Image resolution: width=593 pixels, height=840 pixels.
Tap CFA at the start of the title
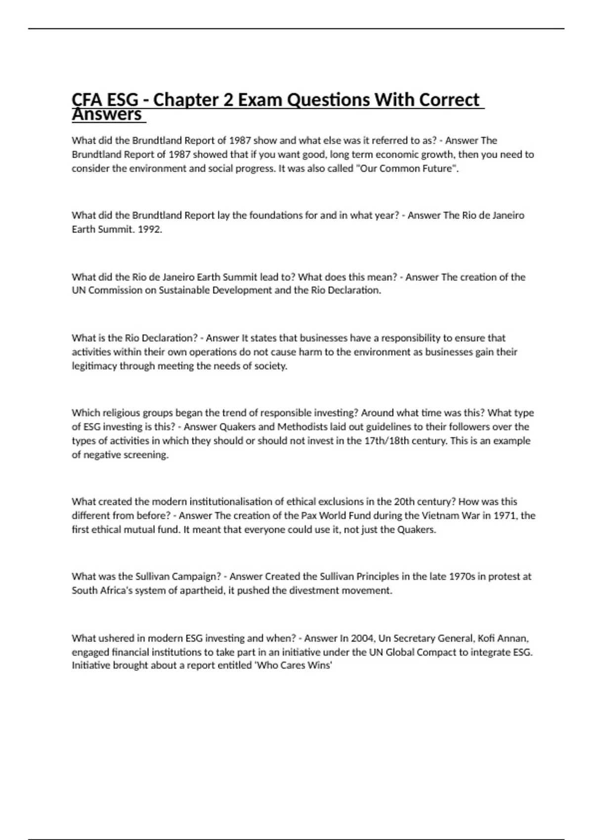(x=87, y=100)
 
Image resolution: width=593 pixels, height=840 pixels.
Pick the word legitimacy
(x=94, y=366)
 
